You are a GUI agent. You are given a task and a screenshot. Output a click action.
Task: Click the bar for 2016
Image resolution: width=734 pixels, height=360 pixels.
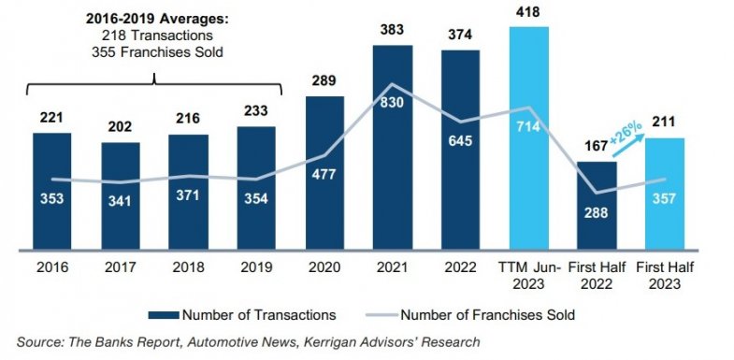tap(51, 192)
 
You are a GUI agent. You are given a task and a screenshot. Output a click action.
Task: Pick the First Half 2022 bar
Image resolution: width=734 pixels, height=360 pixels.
tap(596, 206)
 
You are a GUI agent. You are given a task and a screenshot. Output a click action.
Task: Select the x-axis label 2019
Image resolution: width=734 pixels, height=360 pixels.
tap(255, 267)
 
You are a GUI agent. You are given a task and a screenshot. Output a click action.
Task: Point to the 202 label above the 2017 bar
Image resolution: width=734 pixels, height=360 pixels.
tap(120, 127)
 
